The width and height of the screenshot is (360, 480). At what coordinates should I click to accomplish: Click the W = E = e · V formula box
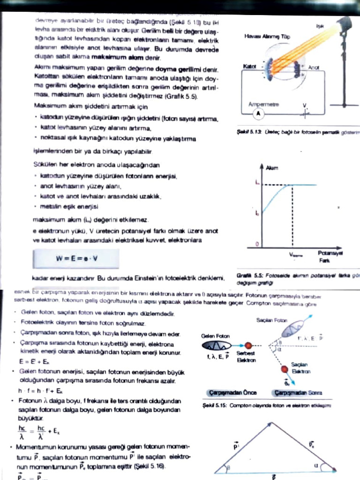pos(75,258)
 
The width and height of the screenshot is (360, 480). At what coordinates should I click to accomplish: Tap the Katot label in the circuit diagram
pos(250,67)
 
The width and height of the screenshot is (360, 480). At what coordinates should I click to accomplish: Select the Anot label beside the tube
pos(314,67)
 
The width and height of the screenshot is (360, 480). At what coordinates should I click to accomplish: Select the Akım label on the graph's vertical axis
pos(272,168)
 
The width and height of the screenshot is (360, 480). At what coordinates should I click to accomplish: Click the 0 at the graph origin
pos(256,244)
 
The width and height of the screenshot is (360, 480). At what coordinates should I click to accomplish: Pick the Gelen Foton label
pos(215,336)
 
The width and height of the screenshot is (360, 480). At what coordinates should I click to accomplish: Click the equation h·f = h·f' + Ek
pos(41,390)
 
